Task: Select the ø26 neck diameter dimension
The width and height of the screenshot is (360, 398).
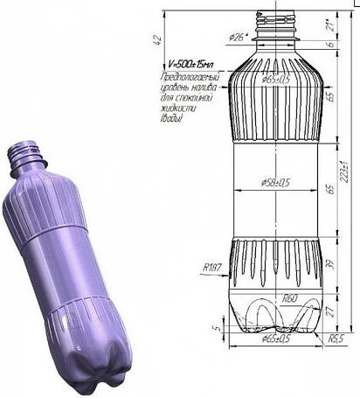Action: click(238, 37)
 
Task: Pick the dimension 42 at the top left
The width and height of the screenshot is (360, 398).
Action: click(156, 38)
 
